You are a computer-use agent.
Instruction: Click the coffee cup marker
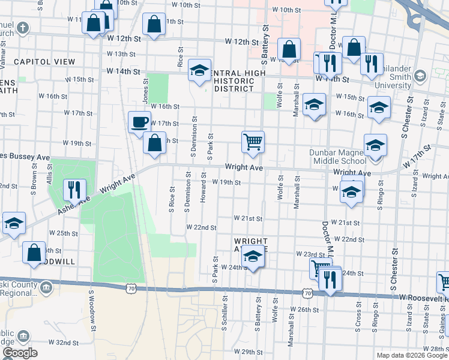point(139,122)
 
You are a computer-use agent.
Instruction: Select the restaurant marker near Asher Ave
point(74,190)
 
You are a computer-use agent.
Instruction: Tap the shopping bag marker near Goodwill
point(34,253)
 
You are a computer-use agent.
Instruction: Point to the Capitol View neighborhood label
point(44,62)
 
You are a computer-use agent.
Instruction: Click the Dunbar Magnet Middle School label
point(337,157)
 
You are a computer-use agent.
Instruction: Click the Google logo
point(20,352)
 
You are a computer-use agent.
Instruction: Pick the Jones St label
point(145,90)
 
